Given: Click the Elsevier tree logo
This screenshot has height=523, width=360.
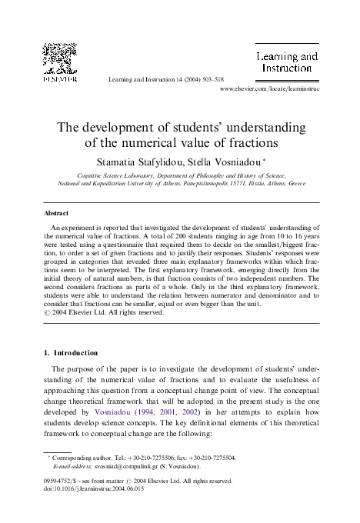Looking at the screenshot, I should (x=58, y=58).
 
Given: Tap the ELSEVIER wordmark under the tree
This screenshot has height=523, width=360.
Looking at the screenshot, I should (x=58, y=78).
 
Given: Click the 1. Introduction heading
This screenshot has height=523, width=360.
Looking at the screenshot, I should (x=69, y=352).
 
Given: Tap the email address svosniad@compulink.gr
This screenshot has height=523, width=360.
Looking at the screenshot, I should (x=122, y=466).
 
